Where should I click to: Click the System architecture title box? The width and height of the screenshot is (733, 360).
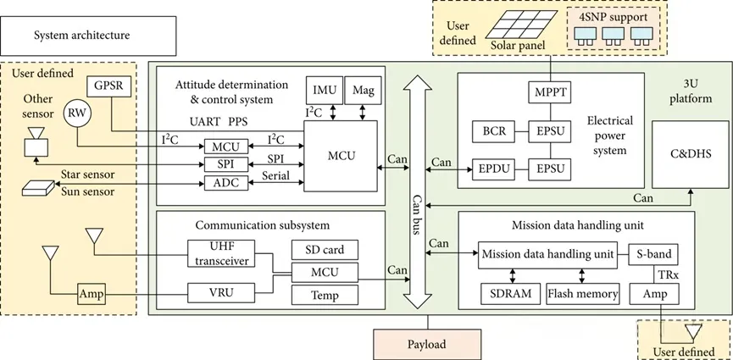coord(82,35)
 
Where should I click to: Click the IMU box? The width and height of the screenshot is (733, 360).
coord(323,90)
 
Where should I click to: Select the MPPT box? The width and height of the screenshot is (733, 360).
coord(551,90)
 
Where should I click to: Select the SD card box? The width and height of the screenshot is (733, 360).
coord(324,250)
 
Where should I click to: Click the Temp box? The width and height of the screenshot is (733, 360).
coord(324,295)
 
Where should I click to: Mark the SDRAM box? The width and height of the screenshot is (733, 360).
coord(508,295)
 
